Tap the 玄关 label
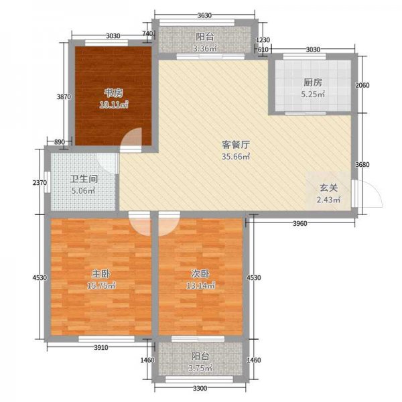pos(328,188)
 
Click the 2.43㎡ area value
pos(328,200)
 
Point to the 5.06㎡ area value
pos(84,191)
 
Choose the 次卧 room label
pos(200,273)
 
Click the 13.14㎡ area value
pos(201,286)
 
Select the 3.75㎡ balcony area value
pos(202,368)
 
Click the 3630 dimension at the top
pos(205,15)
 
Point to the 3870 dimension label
pos(63,97)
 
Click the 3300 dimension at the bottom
pos(200,389)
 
